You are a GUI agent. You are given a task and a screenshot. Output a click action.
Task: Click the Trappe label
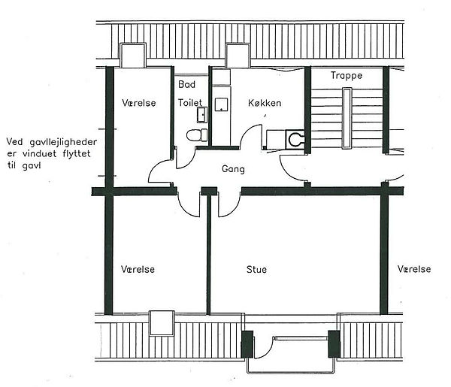click(x=347, y=76)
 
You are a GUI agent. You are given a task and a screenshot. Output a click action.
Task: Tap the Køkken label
click(x=265, y=103)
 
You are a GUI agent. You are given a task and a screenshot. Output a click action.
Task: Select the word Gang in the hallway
click(x=233, y=169)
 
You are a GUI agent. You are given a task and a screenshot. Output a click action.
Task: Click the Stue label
click(x=256, y=270)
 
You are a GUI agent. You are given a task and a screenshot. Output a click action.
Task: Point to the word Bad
click(x=186, y=84)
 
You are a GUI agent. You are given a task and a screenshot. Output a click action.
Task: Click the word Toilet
click(x=190, y=103)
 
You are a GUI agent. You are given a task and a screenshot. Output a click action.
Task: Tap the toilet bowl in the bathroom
click(x=197, y=135)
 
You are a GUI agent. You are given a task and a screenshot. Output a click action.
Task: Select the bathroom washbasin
click(x=202, y=115)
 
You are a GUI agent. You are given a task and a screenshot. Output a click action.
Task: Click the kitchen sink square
click(x=222, y=104)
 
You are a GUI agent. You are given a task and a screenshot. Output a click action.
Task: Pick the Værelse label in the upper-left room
click(x=139, y=103)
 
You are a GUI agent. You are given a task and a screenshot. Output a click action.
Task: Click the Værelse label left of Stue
click(x=138, y=270)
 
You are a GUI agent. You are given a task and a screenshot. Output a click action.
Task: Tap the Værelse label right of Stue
click(x=414, y=269)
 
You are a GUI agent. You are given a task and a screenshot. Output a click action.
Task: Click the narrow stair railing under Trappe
click(x=347, y=118)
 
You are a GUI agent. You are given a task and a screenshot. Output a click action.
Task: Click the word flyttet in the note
click(x=77, y=154)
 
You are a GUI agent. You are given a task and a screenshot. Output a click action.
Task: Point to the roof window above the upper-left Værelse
click(x=133, y=55)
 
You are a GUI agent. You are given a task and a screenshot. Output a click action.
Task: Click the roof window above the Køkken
click(x=238, y=56)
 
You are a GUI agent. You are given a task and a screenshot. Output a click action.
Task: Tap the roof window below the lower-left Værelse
click(x=162, y=323)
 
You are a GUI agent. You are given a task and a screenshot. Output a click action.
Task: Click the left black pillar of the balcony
click(x=247, y=344)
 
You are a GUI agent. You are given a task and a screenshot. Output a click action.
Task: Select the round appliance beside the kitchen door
click(x=295, y=140)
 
